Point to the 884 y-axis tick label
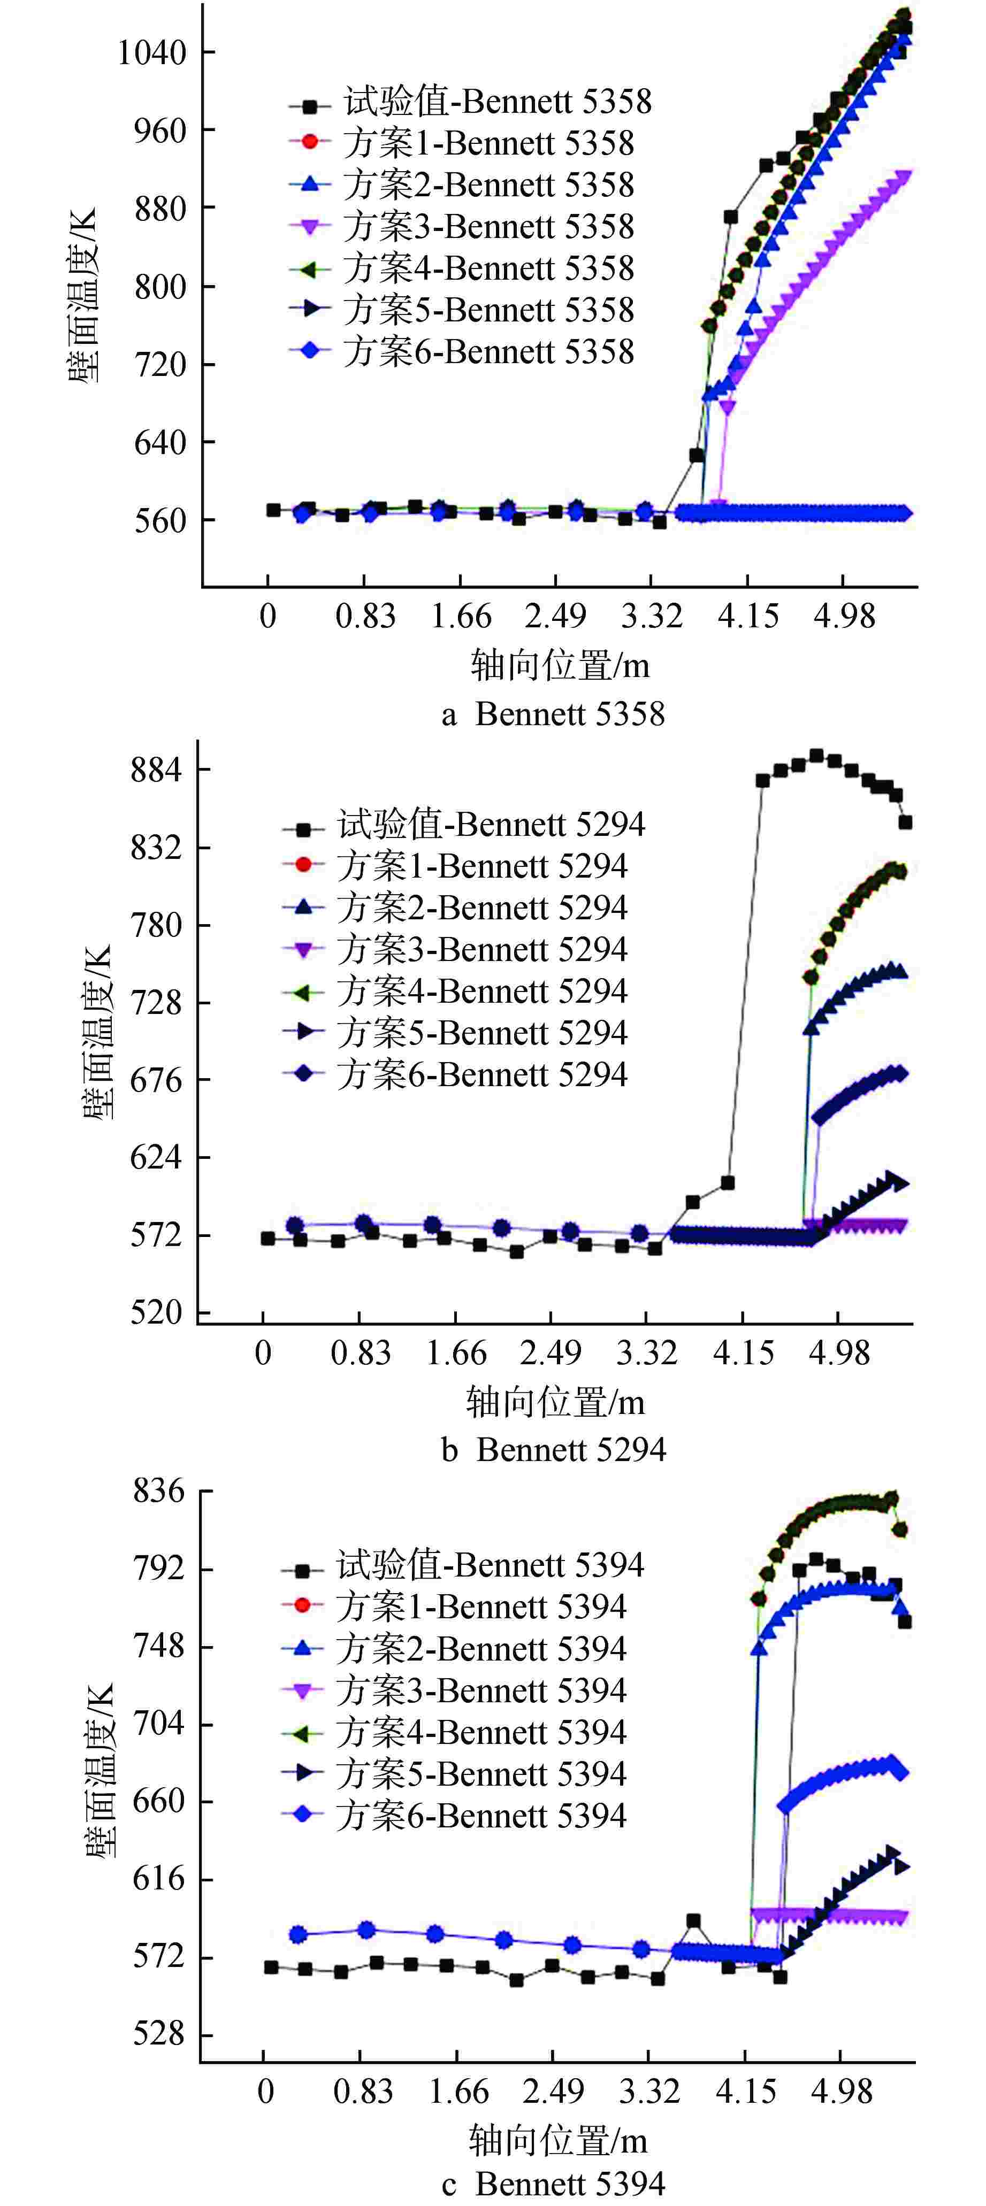pyautogui.click(x=157, y=770)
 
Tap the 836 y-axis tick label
pyautogui.click(x=158, y=1491)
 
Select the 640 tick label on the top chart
pyautogui.click(x=160, y=443)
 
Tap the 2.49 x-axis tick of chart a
pyautogui.click(x=555, y=617)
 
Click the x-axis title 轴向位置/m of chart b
pyautogui.click(x=555, y=1402)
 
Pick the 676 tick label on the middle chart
pyautogui.click(x=157, y=1080)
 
